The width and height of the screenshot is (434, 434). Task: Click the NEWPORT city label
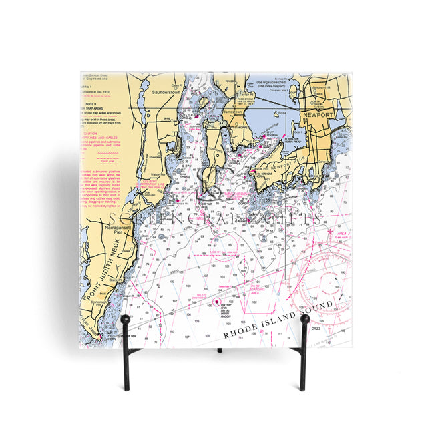click(x=318, y=115)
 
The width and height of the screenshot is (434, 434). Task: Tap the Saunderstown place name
click(x=162, y=93)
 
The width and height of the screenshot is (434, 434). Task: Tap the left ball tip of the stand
click(x=125, y=320)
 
